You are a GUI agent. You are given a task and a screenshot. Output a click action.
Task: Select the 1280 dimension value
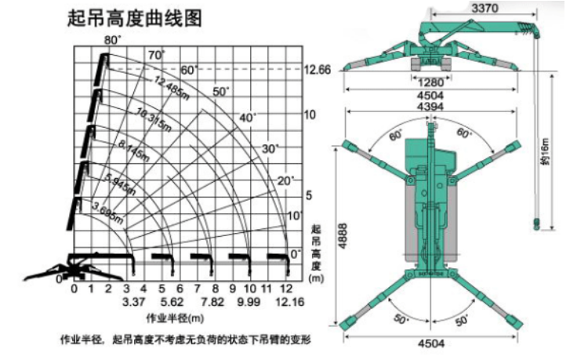pyautogui.click(x=430, y=82)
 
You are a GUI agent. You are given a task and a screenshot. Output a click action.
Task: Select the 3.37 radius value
pyautogui.click(x=130, y=301)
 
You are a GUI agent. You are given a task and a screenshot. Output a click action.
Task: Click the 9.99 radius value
pyautogui.click(x=248, y=301)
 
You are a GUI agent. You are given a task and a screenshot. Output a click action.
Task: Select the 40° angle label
pyautogui.click(x=249, y=118)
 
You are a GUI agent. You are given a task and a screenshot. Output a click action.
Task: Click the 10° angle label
pyautogui.click(x=296, y=215)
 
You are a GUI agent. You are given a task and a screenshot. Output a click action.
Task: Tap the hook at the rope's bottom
pyautogui.click(x=536, y=224)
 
